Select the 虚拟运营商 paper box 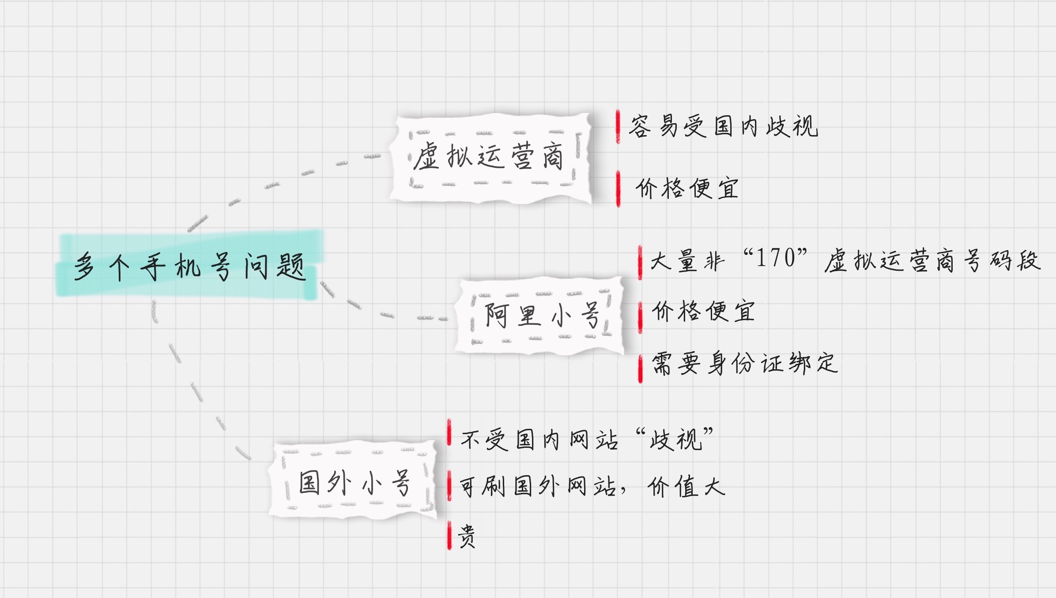(x=490, y=158)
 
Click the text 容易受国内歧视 (x=723, y=126)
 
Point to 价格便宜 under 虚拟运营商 (x=687, y=189)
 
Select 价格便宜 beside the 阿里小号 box (x=703, y=311)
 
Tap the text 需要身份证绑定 (x=744, y=363)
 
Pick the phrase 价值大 (x=686, y=487)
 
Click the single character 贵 (x=467, y=536)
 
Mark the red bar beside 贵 (x=449, y=535)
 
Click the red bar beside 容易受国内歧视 (x=618, y=127)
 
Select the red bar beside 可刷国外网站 (x=449, y=486)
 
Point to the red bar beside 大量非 (x=640, y=262)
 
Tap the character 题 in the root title (x=291, y=266)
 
